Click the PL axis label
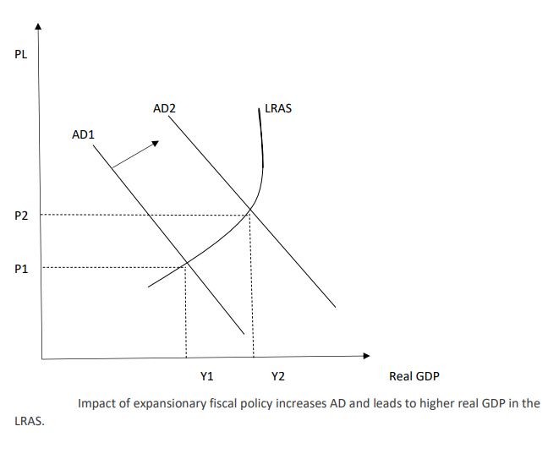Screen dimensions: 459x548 coord(21,56)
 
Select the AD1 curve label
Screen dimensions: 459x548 coord(83,134)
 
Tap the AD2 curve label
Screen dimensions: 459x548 coord(164,109)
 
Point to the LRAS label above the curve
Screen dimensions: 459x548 coord(278,109)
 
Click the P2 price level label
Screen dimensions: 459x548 coord(21,216)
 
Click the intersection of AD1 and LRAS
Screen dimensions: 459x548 coord(185,265)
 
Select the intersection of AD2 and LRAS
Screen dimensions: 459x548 coord(250,211)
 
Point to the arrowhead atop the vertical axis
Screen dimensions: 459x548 coord(37,28)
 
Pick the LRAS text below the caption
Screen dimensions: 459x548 coord(30,421)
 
